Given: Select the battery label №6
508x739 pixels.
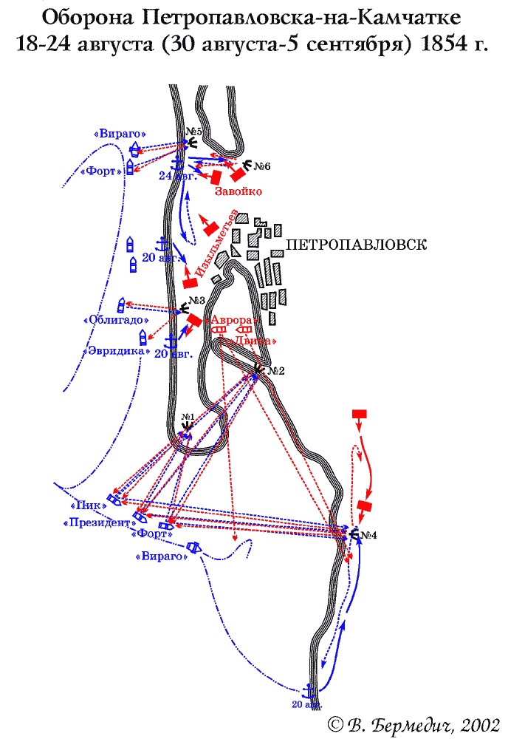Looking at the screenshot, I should point(262,167).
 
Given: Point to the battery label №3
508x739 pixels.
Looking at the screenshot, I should point(196,301).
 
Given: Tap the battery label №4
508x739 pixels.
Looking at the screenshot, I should point(367,536).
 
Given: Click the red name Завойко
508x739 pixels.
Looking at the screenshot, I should point(238,191).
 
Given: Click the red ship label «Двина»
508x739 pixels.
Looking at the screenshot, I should point(255,341).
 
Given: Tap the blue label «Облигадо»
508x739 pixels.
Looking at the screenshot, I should point(117,321).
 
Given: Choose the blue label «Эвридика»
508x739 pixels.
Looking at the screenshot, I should point(116,351).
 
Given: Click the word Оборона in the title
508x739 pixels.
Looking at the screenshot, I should point(82,16).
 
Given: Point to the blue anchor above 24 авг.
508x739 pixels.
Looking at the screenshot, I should point(177,163).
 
